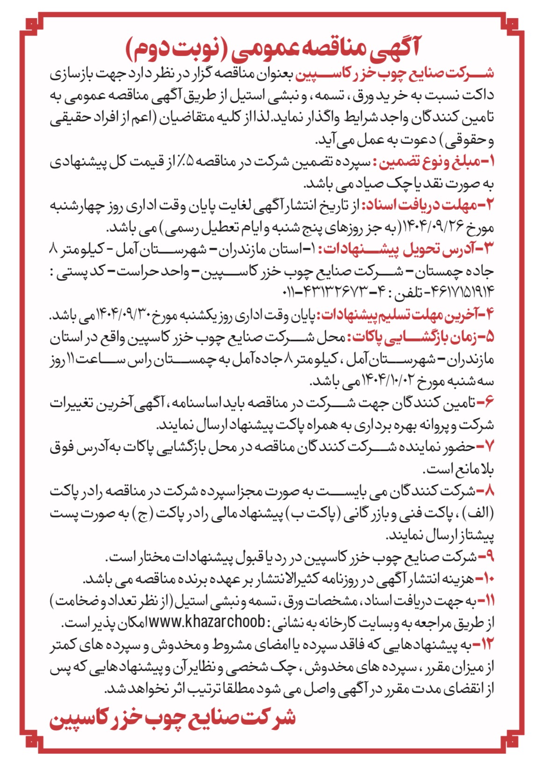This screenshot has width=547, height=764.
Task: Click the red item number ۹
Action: [x=488, y=557]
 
